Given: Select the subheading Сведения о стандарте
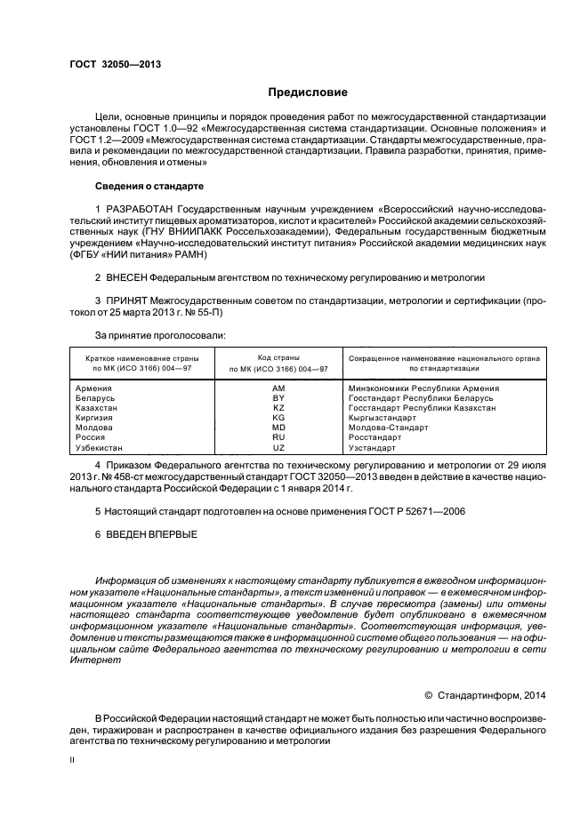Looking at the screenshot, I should tap(149, 187).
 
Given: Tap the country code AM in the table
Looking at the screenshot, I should tap(278, 388).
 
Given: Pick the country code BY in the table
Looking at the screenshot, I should tap(278, 398).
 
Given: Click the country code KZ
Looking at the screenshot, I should tap(278, 408).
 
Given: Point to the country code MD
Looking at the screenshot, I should tap(278, 428).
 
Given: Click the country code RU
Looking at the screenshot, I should tap(278, 437).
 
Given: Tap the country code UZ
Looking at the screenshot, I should tap(278, 448).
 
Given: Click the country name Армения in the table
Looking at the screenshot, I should tap(94, 388).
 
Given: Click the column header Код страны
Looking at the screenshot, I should tap(278, 356).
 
